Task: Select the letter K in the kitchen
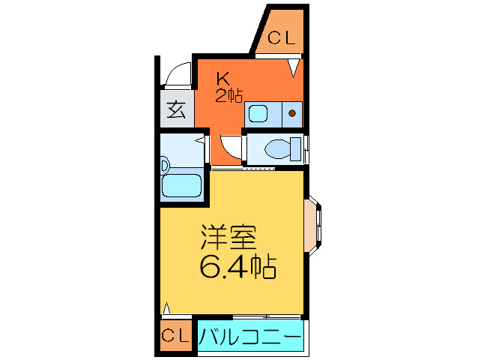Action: pyautogui.click(x=223, y=78)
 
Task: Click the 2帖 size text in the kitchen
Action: pyautogui.click(x=229, y=95)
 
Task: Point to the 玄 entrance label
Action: pyautogui.click(x=176, y=109)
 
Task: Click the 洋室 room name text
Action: pyautogui.click(x=228, y=238)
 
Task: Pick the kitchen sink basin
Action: pyautogui.click(x=259, y=114)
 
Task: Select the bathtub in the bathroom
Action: pyautogui.click(x=182, y=185)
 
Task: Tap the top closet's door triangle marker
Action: pyautogui.click(x=296, y=70)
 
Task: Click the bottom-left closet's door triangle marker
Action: pyautogui.click(x=167, y=308)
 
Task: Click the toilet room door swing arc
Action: pyautogui.click(x=232, y=146)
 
